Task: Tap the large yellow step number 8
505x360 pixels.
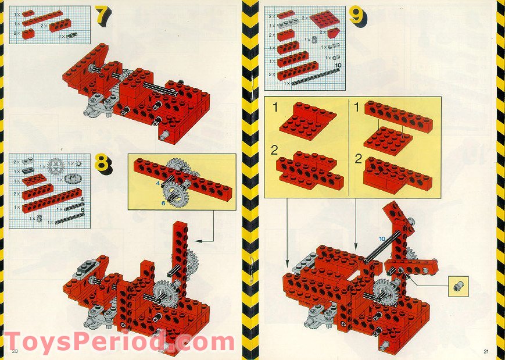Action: pyautogui.click(x=103, y=165)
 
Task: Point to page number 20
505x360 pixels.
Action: pyautogui.click(x=15, y=351)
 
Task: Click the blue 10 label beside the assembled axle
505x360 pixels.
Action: pyautogui.click(x=382, y=238)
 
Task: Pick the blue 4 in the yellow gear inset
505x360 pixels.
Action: pyautogui.click(x=157, y=184)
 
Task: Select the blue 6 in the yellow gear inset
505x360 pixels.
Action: pyautogui.click(x=164, y=203)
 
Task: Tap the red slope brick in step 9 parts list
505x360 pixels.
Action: pyautogui.click(x=332, y=33)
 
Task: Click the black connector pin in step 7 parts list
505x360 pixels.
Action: pyautogui.click(x=71, y=35)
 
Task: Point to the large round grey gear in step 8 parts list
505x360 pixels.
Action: pyautogui.click(x=55, y=166)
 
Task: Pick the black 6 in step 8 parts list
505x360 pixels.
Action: pyautogui.click(x=83, y=211)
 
